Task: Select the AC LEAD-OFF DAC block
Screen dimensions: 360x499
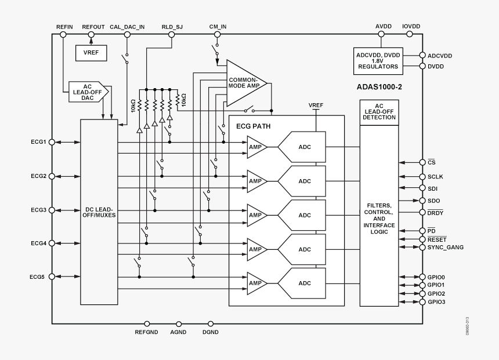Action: pos(84,91)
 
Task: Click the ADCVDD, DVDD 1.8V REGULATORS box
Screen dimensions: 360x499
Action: pos(377,61)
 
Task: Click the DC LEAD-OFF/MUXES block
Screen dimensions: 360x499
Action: pos(99,212)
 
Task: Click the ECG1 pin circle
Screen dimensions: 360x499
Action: pos(52,142)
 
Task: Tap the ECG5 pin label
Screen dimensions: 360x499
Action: pos(38,277)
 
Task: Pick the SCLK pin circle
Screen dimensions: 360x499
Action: pos(422,177)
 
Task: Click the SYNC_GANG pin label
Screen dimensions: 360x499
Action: pos(445,247)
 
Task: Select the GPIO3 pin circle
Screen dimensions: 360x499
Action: pos(422,302)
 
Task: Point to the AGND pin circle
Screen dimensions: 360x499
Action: pos(178,323)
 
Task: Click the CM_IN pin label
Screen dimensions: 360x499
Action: pos(218,27)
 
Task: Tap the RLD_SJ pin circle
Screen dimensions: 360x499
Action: pos(171,34)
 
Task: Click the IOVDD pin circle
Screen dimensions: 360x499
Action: pos(410,34)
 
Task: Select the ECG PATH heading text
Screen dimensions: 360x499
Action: pos(253,126)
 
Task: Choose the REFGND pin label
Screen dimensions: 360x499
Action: pos(146,333)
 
